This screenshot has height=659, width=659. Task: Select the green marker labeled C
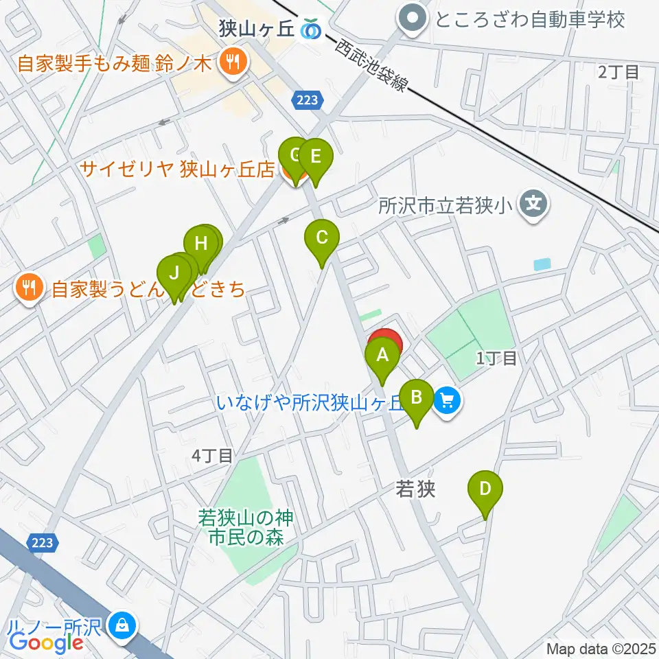click(x=321, y=238)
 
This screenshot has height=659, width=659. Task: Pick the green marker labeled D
click(x=485, y=489)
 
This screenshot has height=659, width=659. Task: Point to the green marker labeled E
click(x=315, y=157)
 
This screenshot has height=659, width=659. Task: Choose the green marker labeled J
click(x=174, y=274)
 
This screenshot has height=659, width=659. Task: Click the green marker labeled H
click(x=200, y=244)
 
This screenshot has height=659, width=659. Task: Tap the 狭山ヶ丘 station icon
click(x=313, y=29)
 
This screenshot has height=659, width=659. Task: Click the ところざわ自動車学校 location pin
click(x=413, y=19)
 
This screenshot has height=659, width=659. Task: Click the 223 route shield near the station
click(x=308, y=100)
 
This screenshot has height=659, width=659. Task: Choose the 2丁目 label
click(x=618, y=71)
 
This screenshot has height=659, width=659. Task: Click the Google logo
click(x=47, y=643)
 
